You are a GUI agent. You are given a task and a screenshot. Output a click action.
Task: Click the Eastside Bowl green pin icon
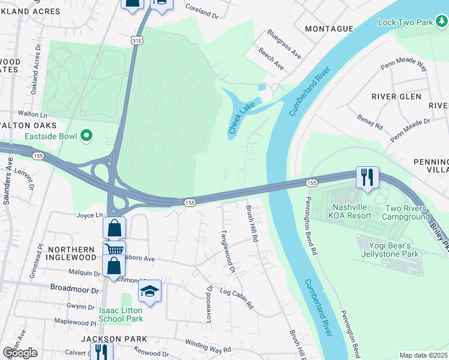pyautogui.click(x=86, y=136)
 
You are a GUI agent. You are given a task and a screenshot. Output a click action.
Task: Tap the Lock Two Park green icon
pyautogui.click(x=441, y=22)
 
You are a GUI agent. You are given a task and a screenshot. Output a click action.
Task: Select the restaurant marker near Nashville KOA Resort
pyautogui.click(x=367, y=177)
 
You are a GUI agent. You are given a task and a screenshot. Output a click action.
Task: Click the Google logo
pyautogui.click(x=20, y=352)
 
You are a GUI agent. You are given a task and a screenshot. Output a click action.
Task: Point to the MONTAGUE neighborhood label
pyautogui.click(x=328, y=29)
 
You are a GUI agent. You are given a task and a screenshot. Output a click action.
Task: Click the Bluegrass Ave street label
pyautogui.click(x=284, y=43)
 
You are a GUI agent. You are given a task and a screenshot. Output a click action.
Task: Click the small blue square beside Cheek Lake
pyautogui.click(x=262, y=87)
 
